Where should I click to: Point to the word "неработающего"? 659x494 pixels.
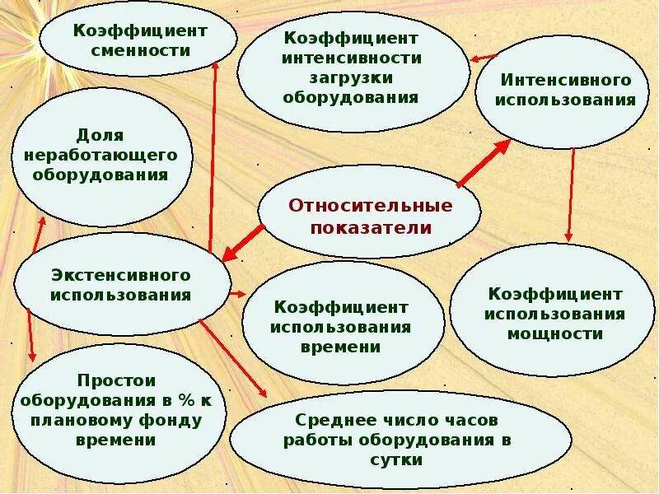click(x=101, y=155)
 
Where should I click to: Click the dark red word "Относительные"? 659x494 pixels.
click(x=371, y=205)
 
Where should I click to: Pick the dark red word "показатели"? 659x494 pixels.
click(x=371, y=226)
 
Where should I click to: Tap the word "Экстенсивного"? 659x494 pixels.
click(x=120, y=274)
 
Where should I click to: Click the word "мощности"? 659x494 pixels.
click(x=554, y=333)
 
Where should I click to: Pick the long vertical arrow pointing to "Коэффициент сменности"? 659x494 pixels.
click(x=213, y=156)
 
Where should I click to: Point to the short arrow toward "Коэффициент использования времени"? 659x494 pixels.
click(x=236, y=292)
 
